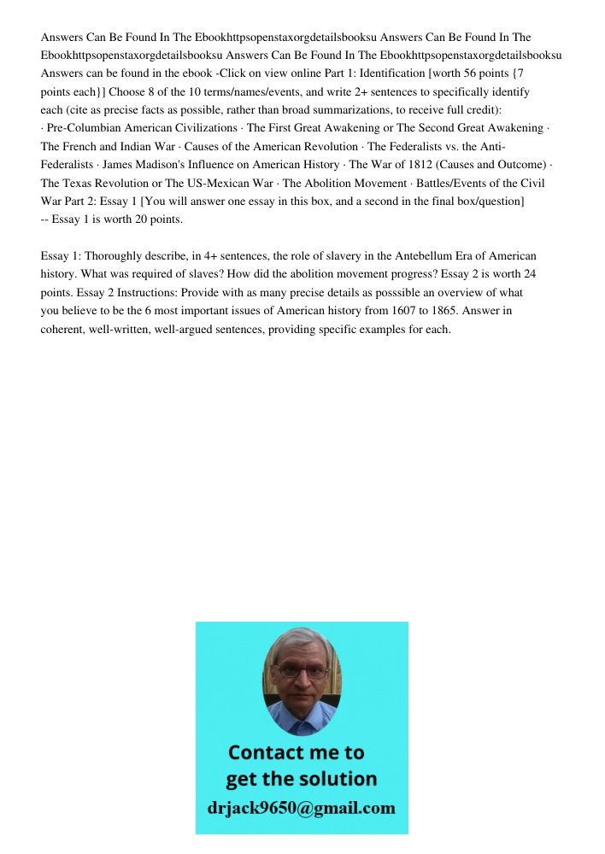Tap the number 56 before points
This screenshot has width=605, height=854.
[x=449, y=73]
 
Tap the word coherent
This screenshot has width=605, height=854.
[x=66, y=330]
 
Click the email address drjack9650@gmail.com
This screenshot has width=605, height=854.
[x=302, y=809]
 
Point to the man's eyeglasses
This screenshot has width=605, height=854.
[x=302, y=671]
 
